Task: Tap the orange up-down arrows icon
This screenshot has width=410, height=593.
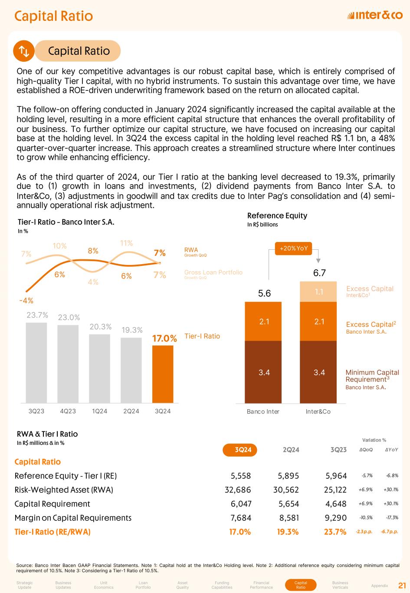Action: (23, 51)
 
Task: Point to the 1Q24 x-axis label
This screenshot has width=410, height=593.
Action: (99, 411)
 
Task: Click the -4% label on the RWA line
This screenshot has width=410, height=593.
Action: (26, 300)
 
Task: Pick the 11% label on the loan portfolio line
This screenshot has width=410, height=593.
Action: (126, 243)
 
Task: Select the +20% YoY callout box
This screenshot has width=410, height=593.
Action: (294, 248)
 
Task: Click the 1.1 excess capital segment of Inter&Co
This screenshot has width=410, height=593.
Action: (319, 292)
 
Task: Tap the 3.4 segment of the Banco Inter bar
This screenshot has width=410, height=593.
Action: (264, 372)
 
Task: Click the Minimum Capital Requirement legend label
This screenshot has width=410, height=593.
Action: (372, 376)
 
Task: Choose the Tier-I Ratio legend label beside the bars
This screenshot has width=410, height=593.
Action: (202, 336)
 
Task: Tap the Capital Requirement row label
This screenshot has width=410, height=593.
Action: (52, 504)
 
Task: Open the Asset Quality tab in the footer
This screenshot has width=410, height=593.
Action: (183, 585)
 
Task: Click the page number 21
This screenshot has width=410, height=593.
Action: (402, 585)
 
